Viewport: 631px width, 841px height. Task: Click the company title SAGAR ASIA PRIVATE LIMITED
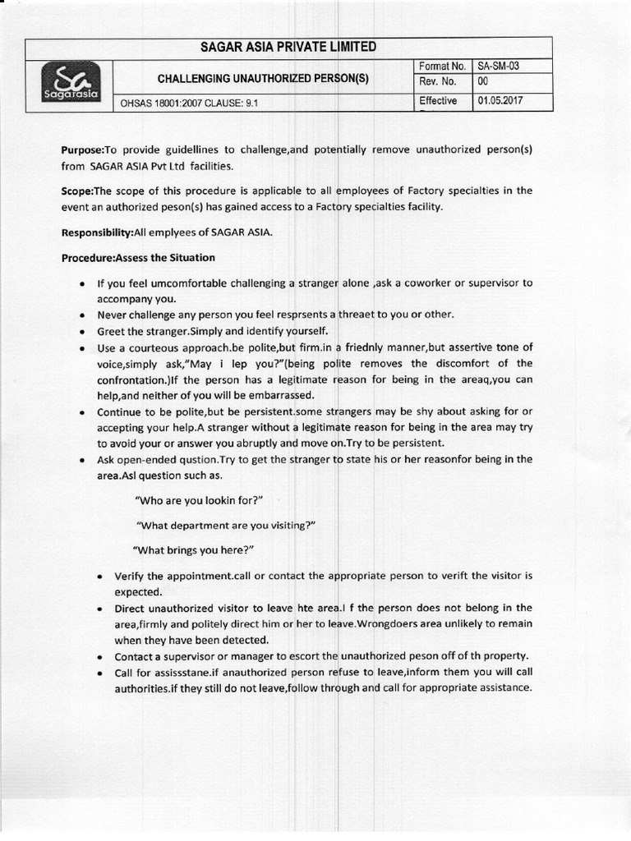(288, 47)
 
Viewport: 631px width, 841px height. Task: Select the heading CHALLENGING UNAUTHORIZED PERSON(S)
(263, 79)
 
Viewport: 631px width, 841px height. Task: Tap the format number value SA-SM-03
(498, 65)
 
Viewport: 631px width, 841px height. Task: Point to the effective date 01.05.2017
(500, 100)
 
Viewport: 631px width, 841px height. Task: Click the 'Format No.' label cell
(442, 65)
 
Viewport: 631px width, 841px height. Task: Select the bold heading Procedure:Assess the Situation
(138, 258)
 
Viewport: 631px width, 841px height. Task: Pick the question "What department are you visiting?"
(227, 525)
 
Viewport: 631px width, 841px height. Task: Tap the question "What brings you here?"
(194, 549)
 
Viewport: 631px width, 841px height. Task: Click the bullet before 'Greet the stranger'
(83, 332)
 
